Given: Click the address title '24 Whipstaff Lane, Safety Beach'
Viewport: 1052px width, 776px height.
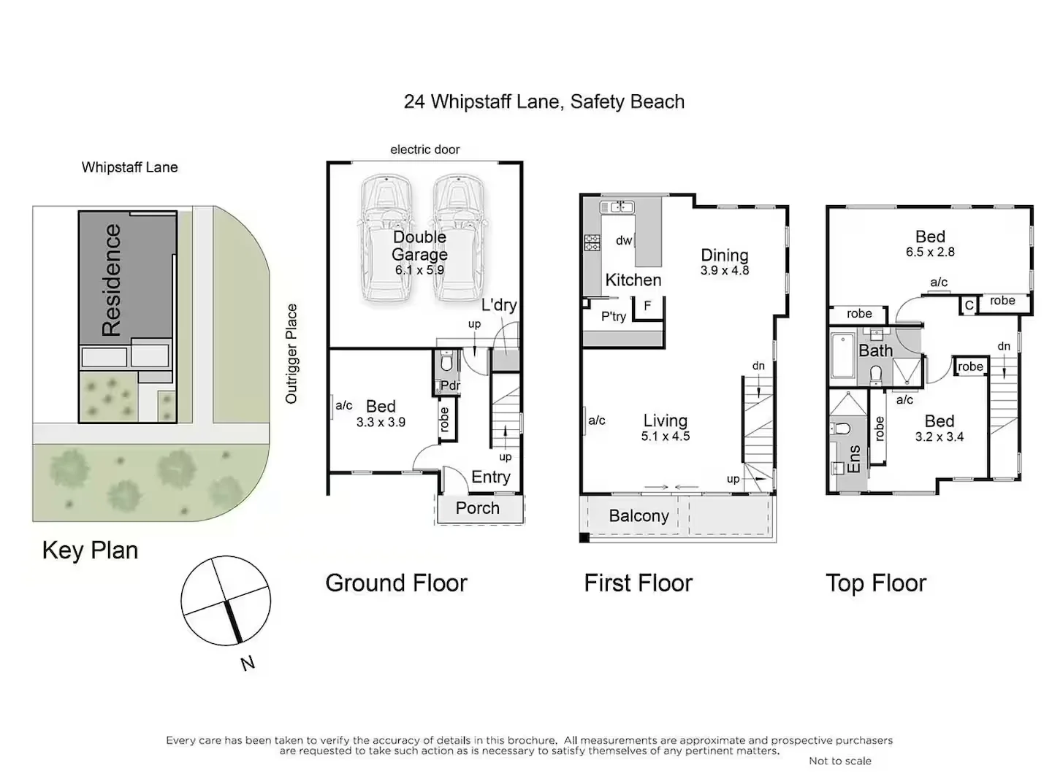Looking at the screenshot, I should tap(544, 101).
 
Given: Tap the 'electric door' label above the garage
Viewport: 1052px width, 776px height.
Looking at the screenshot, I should tap(424, 150).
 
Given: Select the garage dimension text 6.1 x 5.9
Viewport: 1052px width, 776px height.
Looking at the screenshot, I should tap(419, 270).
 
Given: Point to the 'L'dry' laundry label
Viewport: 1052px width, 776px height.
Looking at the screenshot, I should tap(499, 305).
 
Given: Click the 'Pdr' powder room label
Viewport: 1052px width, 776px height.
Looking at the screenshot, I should tap(450, 385).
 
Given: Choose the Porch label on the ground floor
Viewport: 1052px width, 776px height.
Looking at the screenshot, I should tap(478, 508).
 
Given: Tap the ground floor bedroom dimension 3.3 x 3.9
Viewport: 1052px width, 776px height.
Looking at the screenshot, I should tap(381, 422).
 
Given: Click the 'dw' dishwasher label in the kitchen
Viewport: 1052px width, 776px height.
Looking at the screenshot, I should tap(624, 240).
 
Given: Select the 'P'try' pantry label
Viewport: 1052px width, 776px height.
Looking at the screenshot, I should tap(614, 316).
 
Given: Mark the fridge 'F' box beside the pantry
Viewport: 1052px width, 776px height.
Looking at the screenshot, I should tap(647, 307).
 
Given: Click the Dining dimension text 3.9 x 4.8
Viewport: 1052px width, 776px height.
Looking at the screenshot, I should tap(725, 270).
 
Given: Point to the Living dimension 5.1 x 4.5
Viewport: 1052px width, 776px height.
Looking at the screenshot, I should tap(666, 436).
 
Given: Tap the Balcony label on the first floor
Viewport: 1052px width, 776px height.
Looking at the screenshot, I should tap(639, 516).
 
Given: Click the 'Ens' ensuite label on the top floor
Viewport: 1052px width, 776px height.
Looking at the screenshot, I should tap(853, 459).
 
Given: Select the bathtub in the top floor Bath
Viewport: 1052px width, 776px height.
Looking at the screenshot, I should tap(843, 356).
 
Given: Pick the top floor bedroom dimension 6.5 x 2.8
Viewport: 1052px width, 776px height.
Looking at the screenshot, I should tap(930, 252).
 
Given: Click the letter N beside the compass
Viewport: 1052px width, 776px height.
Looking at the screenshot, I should tap(248, 663).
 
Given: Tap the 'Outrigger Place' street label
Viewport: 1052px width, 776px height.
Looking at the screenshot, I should tap(291, 354).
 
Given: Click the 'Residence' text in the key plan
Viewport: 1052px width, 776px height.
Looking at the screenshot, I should tap(111, 280).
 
